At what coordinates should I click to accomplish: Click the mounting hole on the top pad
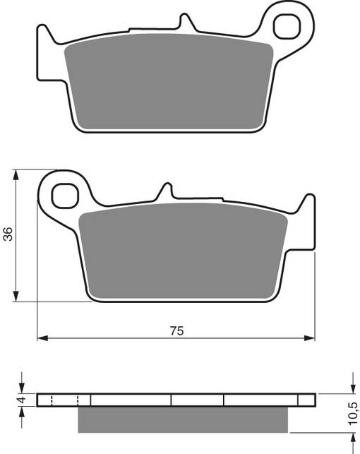point(290,28)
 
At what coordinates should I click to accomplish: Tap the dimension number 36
point(8,234)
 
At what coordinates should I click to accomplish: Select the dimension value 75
point(176,330)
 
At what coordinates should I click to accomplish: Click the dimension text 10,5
point(352,410)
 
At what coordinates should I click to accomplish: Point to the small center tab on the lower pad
point(165,191)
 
